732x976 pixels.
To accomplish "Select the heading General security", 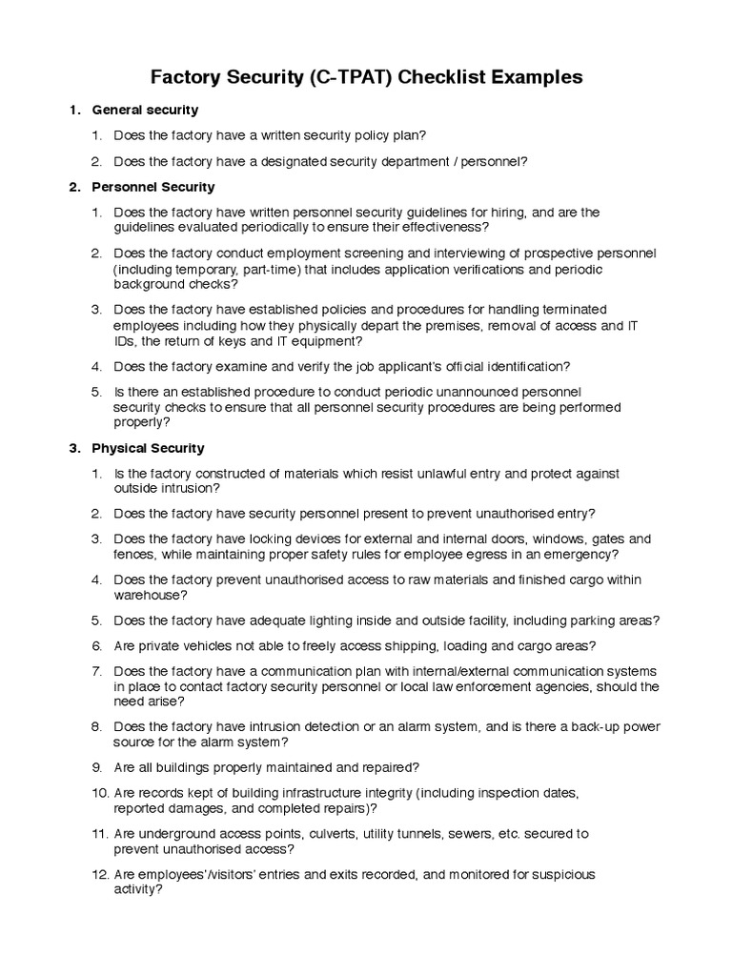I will [x=145, y=111].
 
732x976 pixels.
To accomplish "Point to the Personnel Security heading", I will [x=152, y=187].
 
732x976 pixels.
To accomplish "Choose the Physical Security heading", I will [x=148, y=448].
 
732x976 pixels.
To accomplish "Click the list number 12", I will [x=100, y=875].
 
